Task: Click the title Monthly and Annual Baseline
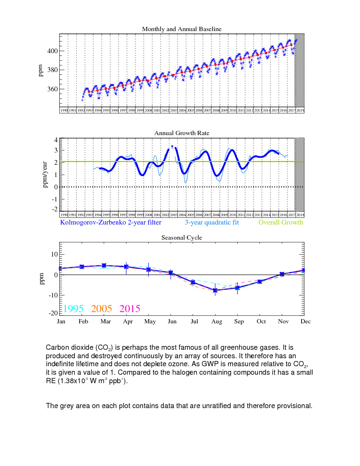coord(182,29)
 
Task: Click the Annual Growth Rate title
coord(182,133)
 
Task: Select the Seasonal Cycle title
coord(182,238)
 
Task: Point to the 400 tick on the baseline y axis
coord(52,51)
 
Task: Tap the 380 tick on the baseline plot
coord(52,70)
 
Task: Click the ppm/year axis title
coord(46,174)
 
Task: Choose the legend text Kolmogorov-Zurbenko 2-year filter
coord(111,223)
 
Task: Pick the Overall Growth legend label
coord(281,223)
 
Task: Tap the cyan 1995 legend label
coord(73,309)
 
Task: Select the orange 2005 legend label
coord(102,309)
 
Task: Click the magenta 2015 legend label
coord(130,309)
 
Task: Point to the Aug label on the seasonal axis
coord(216,321)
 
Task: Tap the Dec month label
coord(305,321)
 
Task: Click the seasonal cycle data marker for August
coord(216,290)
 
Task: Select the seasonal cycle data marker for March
coord(104,265)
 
